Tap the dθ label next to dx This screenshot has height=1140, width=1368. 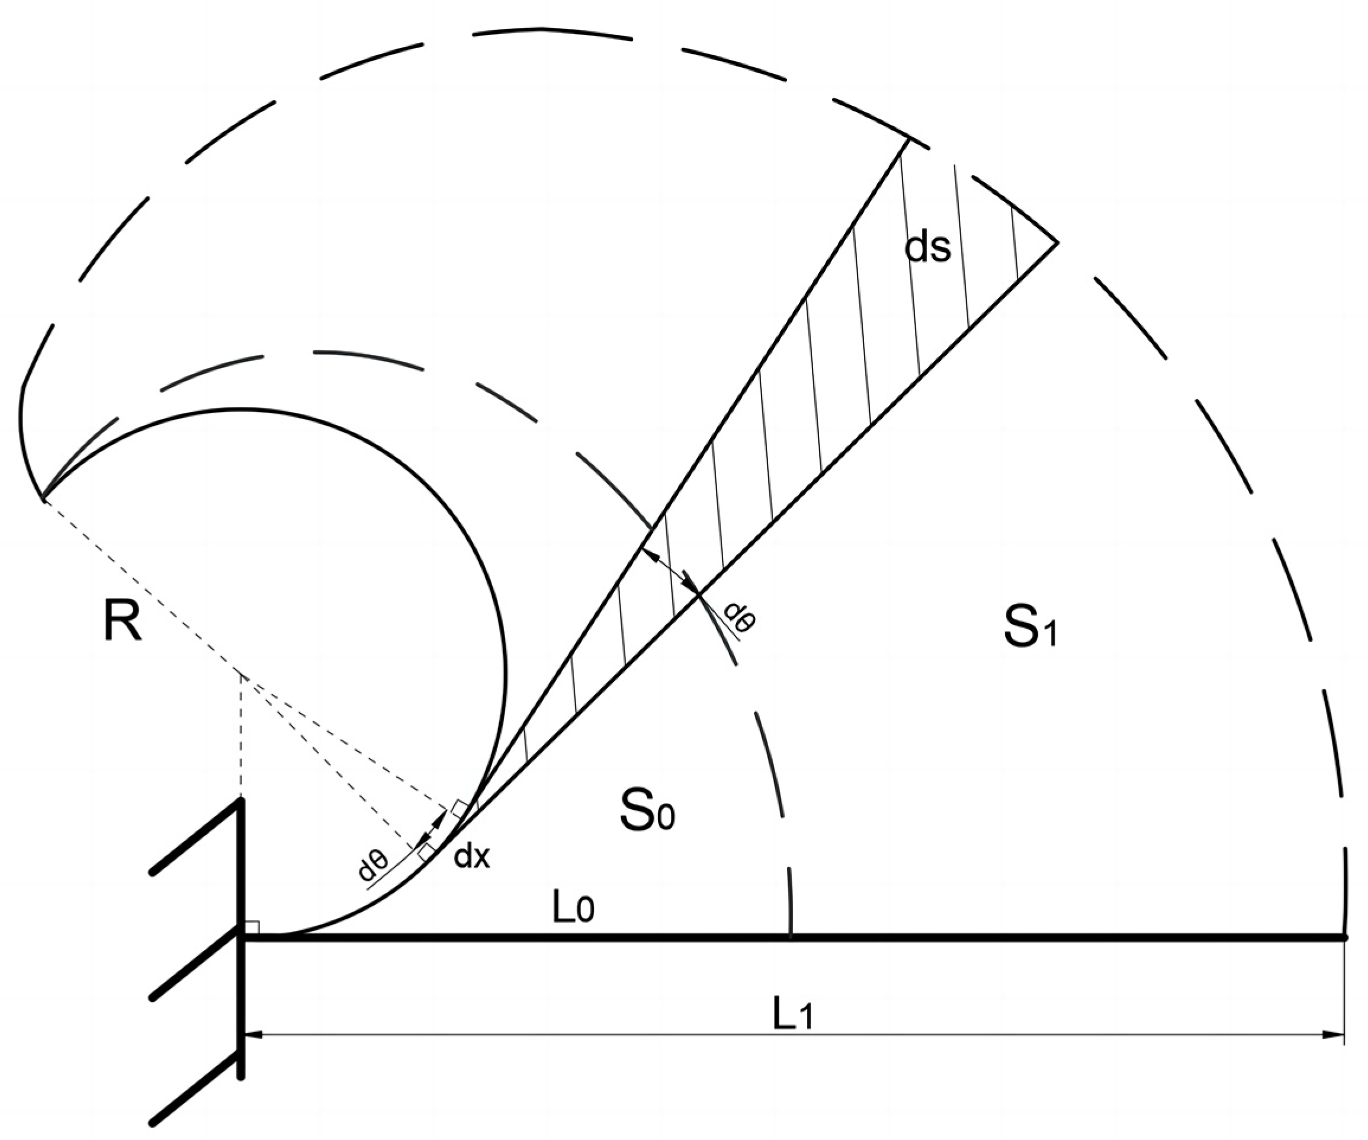pyautogui.click(x=373, y=864)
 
